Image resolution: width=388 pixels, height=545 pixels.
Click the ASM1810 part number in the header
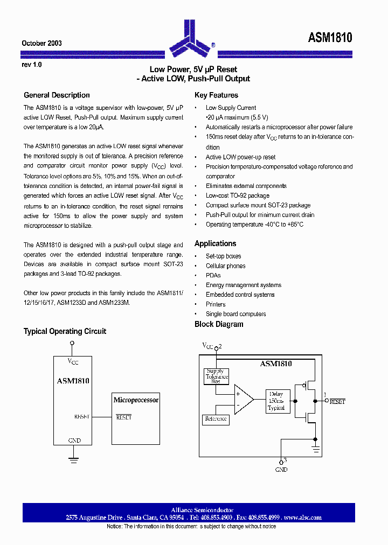coord(330,38)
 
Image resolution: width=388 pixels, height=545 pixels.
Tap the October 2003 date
coord(41,43)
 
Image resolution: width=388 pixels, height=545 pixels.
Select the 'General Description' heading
coord(57,95)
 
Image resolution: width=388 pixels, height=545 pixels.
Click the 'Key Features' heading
coord(216,95)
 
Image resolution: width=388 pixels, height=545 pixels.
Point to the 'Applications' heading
coord(215,244)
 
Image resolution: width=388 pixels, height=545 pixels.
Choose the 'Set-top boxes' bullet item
coord(223,256)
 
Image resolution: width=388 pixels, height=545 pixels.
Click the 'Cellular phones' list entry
coord(225,266)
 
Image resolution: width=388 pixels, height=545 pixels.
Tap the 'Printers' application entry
coord(216,304)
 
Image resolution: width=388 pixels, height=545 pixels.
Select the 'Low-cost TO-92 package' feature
coord(237,195)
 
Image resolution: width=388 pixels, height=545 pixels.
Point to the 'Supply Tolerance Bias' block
coord(216,376)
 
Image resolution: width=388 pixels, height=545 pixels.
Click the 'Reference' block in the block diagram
coord(216,419)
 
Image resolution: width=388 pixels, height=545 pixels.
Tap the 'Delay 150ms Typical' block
coord(276,401)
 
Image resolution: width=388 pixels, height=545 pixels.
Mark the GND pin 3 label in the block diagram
coord(281,469)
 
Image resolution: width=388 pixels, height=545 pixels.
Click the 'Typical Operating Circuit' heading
coord(65,331)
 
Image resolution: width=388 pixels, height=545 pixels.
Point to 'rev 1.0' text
coord(31,65)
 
